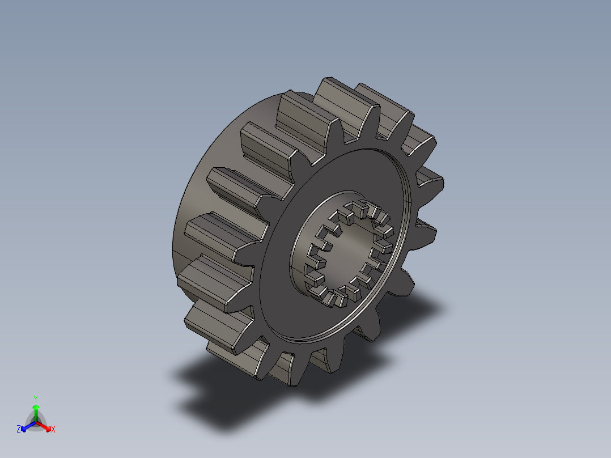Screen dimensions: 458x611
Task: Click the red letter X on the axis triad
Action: point(53,430)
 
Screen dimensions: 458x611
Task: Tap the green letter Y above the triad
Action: point(36,398)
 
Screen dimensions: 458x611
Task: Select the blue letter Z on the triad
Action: point(19,429)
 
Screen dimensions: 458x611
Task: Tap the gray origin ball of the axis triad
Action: point(36,422)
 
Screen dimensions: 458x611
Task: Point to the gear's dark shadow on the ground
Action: point(227,397)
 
